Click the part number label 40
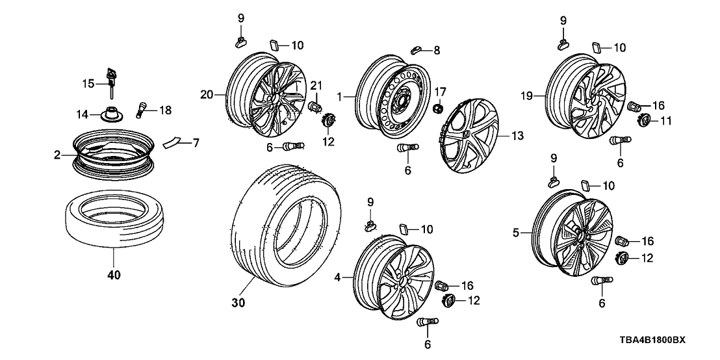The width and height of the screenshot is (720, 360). (113, 276)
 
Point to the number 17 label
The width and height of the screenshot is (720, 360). (441, 92)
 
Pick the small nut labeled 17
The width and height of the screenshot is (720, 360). (440, 107)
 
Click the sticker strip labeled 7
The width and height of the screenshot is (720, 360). (174, 142)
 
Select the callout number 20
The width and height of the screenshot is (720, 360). (206, 96)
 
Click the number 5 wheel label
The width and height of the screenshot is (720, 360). (515, 232)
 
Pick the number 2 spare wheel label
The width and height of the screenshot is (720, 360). (57, 155)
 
